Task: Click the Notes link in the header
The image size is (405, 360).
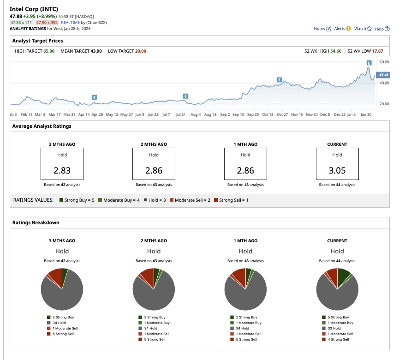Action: coord(322,29)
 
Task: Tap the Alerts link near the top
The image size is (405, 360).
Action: coord(342,29)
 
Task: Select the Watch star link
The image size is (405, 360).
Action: coord(363,29)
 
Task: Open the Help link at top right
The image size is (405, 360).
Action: coord(382,29)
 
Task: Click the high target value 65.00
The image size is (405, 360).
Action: coord(49,51)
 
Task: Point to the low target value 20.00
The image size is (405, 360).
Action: coord(140,51)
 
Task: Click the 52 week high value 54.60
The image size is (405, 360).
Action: coord(335,51)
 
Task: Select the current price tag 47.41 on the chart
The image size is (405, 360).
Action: coord(383,75)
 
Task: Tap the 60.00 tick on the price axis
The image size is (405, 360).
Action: coord(384,62)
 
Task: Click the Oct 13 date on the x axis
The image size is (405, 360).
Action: coord(268,114)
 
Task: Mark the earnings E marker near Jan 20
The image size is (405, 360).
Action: coord(369,63)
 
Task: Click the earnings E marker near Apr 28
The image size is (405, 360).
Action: coord(94,97)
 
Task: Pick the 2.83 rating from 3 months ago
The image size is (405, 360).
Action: coord(62,170)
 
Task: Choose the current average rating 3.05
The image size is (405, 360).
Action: coord(337,170)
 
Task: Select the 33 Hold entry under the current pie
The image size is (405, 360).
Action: coord(338,328)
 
